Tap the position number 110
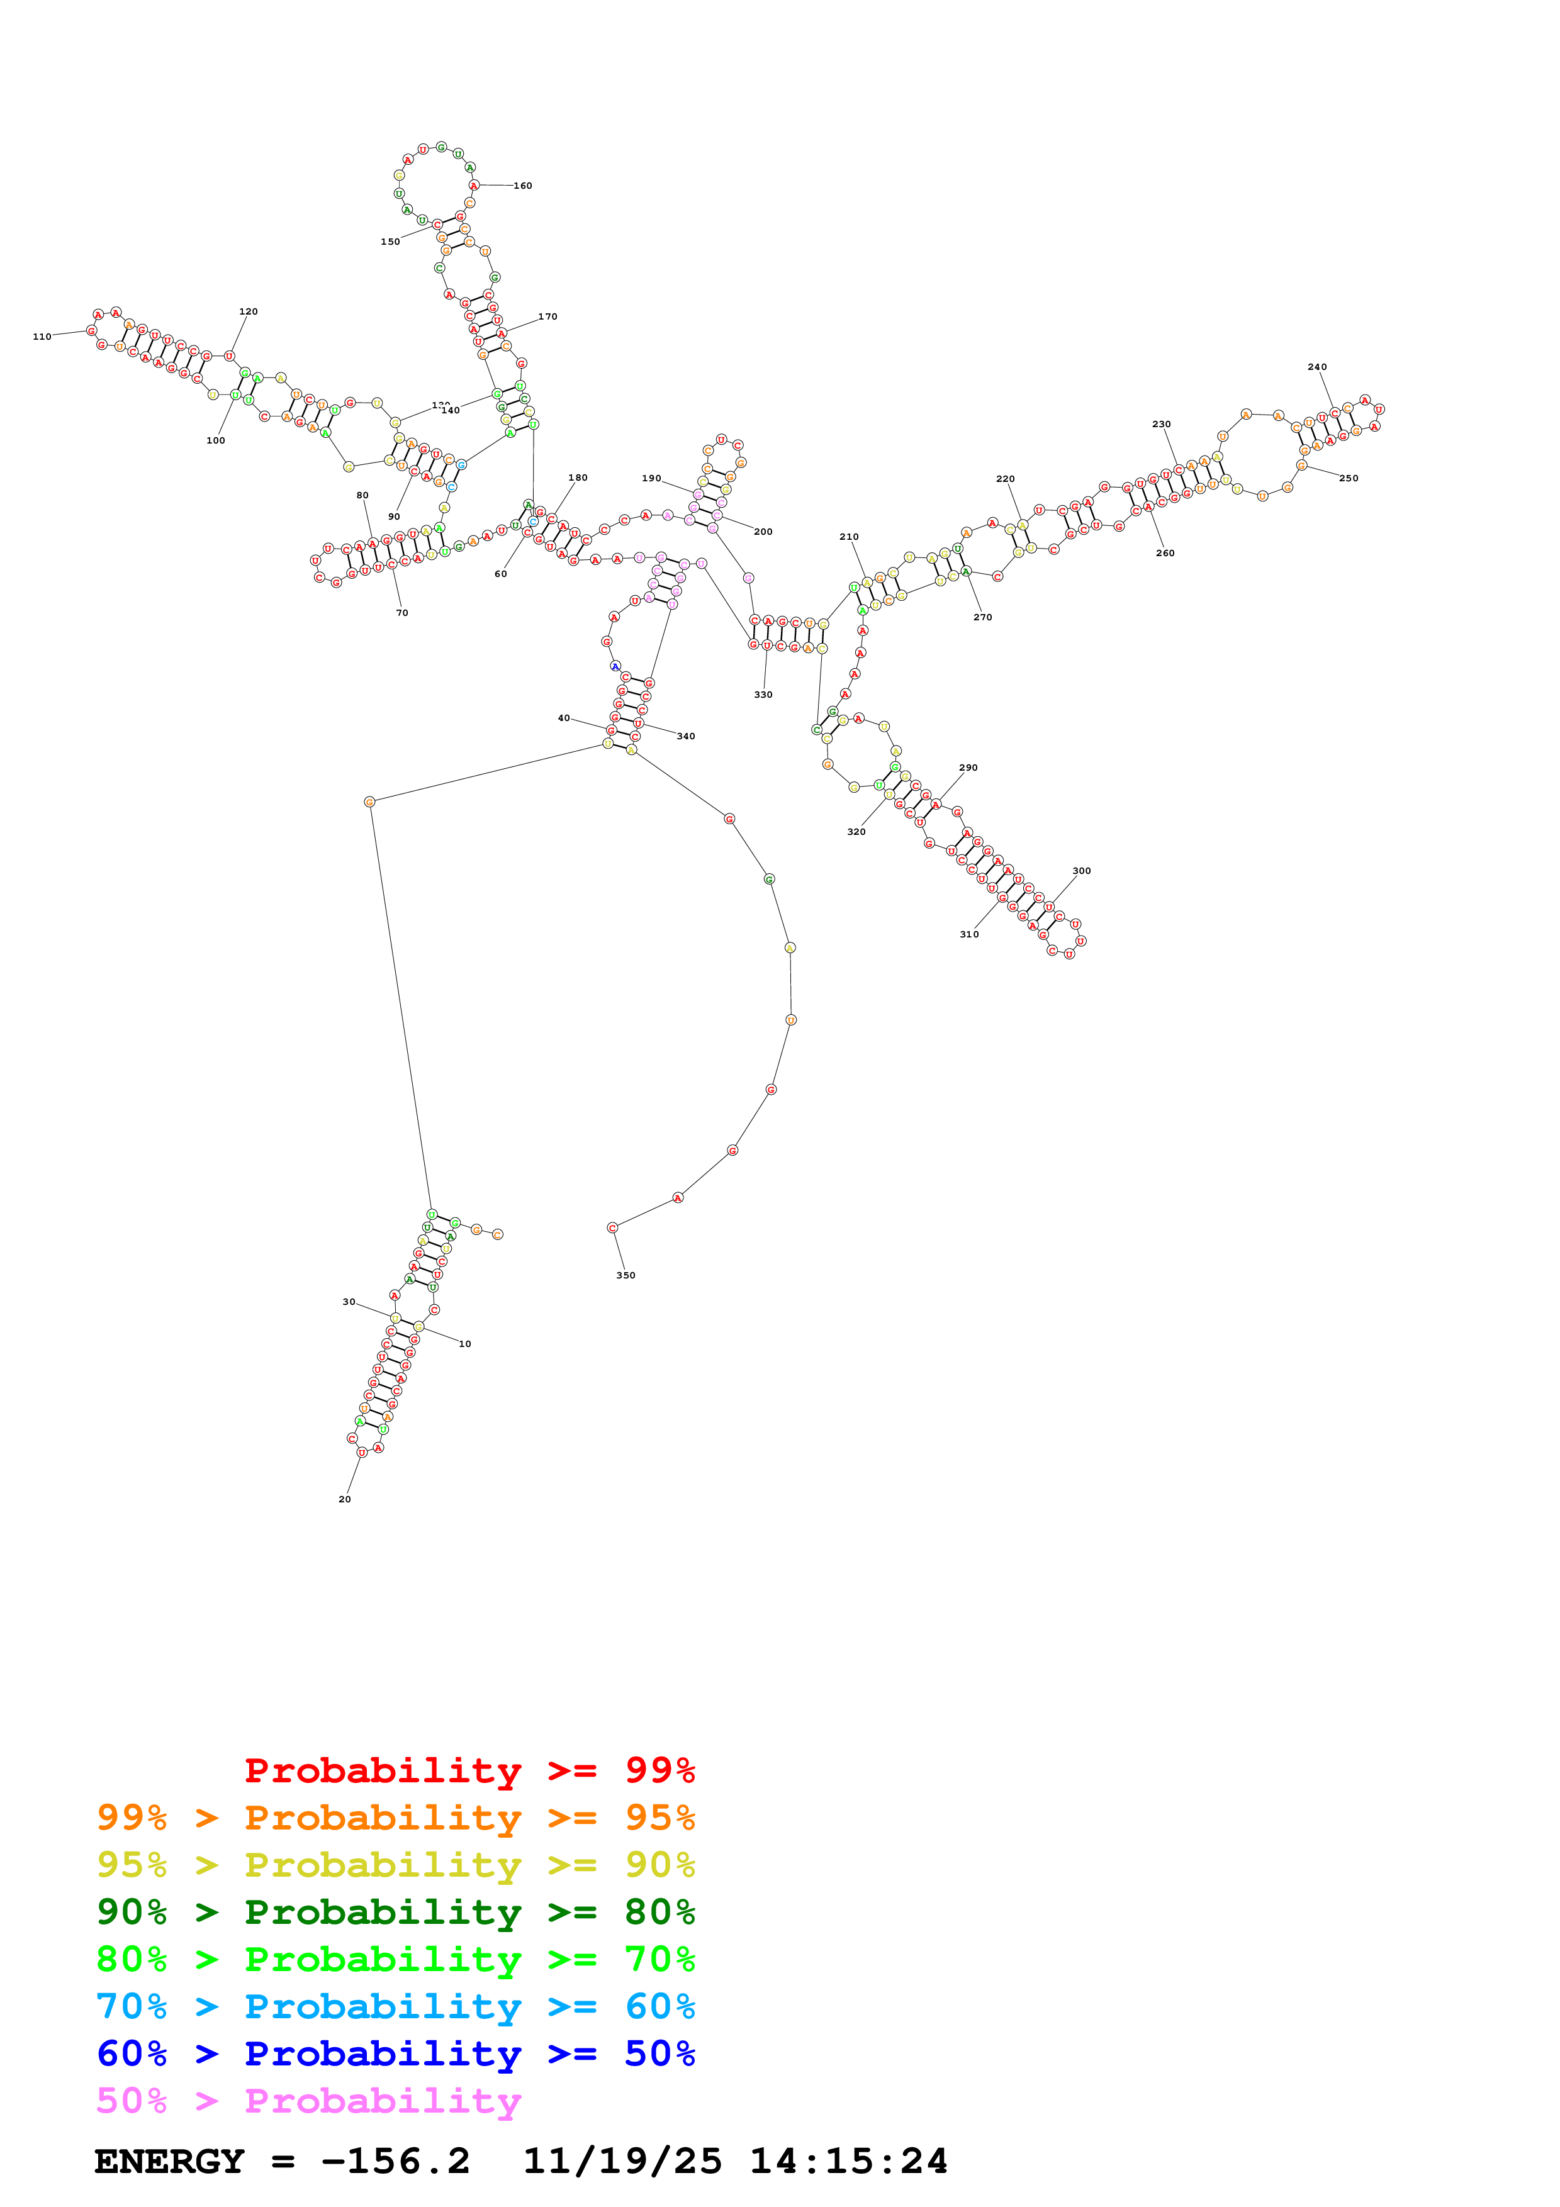[42, 337]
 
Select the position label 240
[1317, 367]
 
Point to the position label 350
[626, 1275]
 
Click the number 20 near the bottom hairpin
[345, 1499]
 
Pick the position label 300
[1081, 871]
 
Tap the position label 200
[763, 532]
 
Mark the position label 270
[982, 617]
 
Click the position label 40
[564, 718]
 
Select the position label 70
[401, 612]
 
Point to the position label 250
[1349, 479]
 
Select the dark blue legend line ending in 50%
[395, 2053]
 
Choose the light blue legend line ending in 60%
[395, 2006]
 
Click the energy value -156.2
[395, 2161]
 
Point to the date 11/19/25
[622, 2161]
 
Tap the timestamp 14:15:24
[849, 2161]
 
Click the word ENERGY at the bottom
[169, 2161]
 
